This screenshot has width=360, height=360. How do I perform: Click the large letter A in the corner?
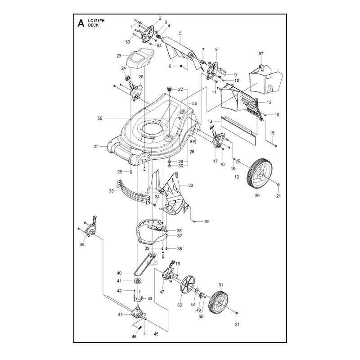81,23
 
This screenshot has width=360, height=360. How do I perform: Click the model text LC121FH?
96,21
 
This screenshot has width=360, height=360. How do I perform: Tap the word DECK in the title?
93,25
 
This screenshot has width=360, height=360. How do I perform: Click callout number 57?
261,54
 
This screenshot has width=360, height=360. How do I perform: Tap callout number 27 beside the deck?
96,147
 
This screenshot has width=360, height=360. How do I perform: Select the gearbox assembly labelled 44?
137,312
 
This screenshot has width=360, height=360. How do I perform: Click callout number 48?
82,244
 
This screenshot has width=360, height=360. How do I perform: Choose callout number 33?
111,191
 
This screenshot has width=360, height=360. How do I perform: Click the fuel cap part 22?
170,89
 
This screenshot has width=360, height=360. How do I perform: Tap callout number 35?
207,221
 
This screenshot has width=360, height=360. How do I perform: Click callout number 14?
210,122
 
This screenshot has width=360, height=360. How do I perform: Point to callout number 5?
180,33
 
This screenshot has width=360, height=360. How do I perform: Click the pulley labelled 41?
138,281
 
